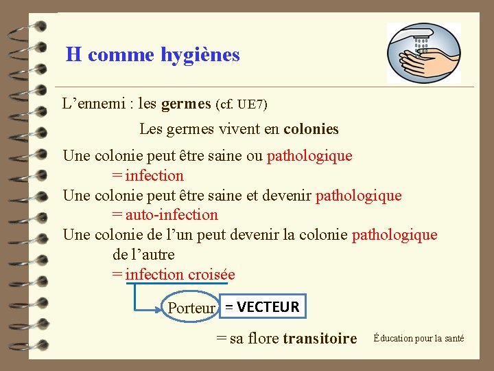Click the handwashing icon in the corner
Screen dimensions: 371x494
pyautogui.click(x=423, y=53)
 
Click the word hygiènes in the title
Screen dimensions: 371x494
pyautogui.click(x=200, y=54)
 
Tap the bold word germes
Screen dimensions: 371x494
pyautogui.click(x=186, y=104)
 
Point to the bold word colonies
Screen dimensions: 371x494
pyautogui.click(x=311, y=129)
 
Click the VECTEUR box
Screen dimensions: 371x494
pyautogui.click(x=263, y=307)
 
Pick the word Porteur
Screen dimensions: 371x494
pyautogui.click(x=191, y=308)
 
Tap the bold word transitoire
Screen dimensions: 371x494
pyautogui.click(x=320, y=338)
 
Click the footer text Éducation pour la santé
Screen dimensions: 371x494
pyautogui.click(x=419, y=338)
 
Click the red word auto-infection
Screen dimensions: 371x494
pyautogui.click(x=171, y=215)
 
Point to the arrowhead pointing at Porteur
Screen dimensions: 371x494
pyautogui.click(x=163, y=308)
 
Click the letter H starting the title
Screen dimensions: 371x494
pyautogui.click(x=73, y=54)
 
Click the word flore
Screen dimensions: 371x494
pyautogui.click(x=260, y=338)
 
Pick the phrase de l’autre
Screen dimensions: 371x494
pyautogui.click(x=143, y=255)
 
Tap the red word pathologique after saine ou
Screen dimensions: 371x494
pyautogui.click(x=309, y=155)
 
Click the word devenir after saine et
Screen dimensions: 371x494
pyautogui.click(x=285, y=195)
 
